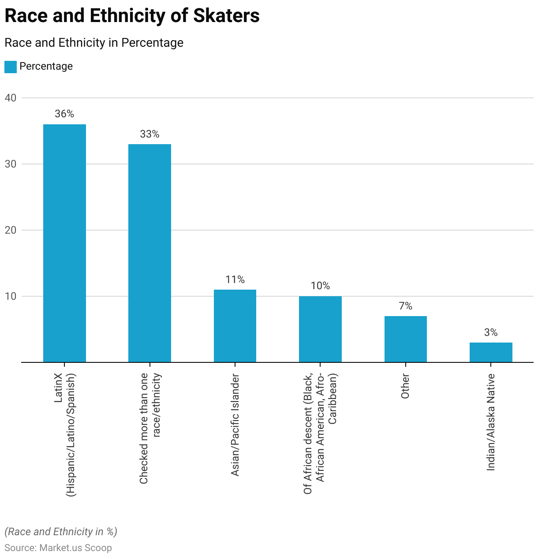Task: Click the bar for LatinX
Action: (64, 243)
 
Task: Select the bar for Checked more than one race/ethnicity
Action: (149, 253)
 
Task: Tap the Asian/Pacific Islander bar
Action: (235, 326)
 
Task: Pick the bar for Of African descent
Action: (320, 329)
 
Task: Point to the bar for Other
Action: (406, 339)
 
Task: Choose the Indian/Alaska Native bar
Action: (491, 352)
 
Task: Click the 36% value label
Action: (64, 114)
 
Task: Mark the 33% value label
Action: (149, 134)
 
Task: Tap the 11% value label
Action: (235, 279)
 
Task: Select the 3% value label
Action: (491, 332)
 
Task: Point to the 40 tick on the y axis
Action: (11, 98)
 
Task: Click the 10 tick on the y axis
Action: (11, 296)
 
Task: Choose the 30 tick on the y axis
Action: (11, 164)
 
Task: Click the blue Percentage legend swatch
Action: (11, 67)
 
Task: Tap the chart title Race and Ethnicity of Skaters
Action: (132, 16)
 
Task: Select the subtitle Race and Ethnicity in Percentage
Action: (94, 43)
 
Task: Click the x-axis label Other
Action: (405, 386)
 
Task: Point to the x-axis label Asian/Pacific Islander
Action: (235, 425)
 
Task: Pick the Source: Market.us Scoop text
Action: (58, 548)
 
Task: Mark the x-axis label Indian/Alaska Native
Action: (491, 422)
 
